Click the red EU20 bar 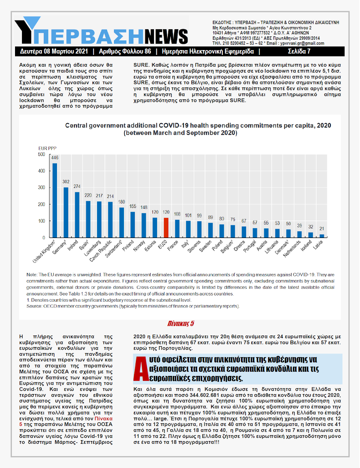166,228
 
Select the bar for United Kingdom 55,200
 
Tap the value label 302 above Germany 66,182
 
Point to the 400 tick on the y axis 42,171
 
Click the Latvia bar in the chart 322,236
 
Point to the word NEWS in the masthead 166,36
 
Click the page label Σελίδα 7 299,52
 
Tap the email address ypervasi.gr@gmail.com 302,44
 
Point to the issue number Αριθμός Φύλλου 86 125,52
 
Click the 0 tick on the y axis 44,238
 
